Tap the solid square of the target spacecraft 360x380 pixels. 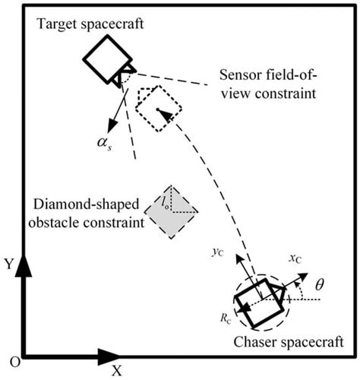coord(104,58)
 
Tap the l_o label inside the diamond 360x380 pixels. coord(166,199)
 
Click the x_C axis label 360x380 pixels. coord(295,261)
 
